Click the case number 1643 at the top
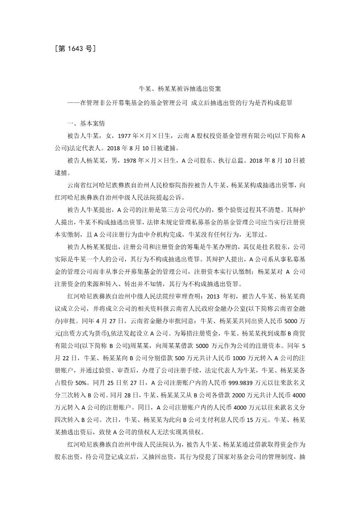pos(75,49)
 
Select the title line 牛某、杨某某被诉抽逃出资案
pos(180,89)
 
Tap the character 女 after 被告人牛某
pos(109,136)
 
